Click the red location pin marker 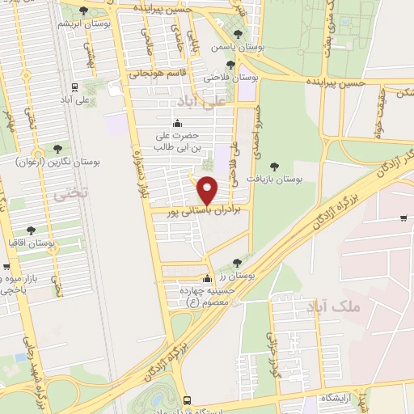(208, 191)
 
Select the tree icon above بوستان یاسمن (237, 34)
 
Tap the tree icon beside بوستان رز (236, 262)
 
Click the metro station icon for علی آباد (74, 87)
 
